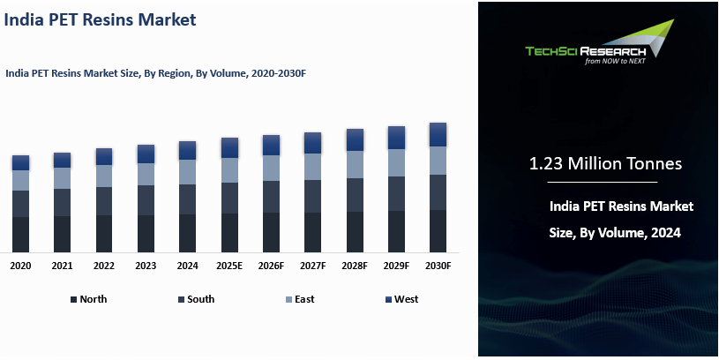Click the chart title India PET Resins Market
(x=101, y=19)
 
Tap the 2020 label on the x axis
(x=20, y=266)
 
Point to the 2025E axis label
(x=229, y=266)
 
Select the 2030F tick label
(x=438, y=266)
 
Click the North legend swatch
(x=73, y=300)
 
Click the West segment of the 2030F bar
(x=438, y=134)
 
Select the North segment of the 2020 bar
(x=20, y=234)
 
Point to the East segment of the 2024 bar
(x=187, y=172)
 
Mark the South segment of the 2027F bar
(x=312, y=196)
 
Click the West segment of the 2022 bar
(x=104, y=156)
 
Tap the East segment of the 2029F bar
(x=396, y=162)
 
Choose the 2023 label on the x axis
(x=146, y=266)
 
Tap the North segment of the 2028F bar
(x=355, y=231)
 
